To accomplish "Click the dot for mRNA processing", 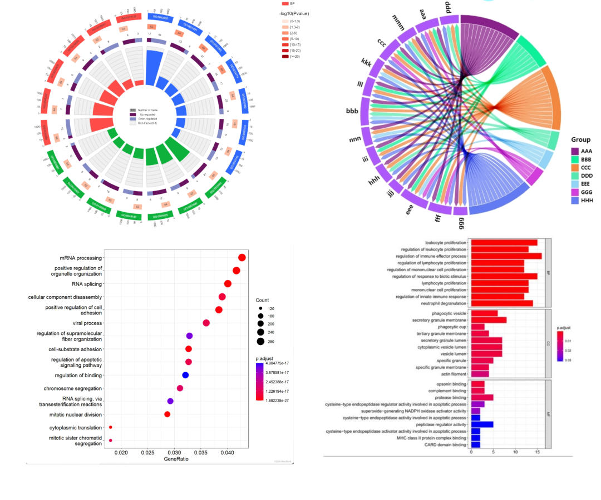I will pos(242,257).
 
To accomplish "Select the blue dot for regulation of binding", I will pos(185,375).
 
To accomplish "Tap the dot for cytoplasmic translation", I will pos(111,427).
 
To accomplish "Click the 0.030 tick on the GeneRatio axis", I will pos(174,453).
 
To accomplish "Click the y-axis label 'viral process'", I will pos(87,323).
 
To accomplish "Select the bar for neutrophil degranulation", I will pos(502,303).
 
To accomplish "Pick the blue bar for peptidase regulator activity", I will pos(482,424).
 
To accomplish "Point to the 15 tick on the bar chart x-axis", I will pos(538,453).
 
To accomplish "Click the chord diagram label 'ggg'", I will pos(461,222).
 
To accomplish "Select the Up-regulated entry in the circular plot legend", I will pos(134,114).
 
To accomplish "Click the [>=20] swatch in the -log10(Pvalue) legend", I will pos(285,56).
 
